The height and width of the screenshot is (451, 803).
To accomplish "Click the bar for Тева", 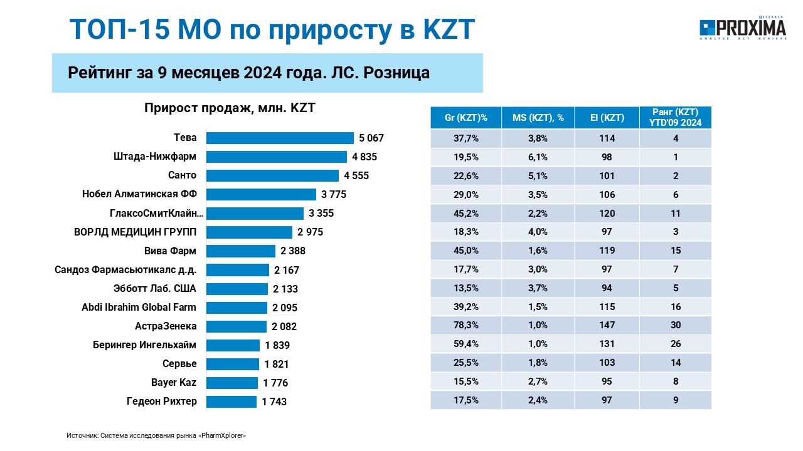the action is (280, 138).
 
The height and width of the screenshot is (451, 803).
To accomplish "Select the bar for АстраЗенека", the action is (237, 326).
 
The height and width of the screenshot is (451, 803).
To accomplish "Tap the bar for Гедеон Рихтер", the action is (231, 402).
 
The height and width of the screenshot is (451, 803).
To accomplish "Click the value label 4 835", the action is (364, 157).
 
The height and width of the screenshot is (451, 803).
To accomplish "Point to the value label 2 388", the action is (293, 251).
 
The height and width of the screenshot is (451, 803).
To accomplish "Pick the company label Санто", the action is (182, 175).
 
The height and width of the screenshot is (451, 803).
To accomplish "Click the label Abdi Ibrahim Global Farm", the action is (139, 307).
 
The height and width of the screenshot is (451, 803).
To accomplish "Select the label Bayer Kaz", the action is (174, 382).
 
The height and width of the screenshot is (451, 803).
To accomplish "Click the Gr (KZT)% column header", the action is (465, 118).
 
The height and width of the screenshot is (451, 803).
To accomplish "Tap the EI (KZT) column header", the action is (607, 118).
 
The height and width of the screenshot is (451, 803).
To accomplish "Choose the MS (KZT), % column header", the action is (538, 118).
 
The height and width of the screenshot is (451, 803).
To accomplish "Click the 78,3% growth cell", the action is (465, 325).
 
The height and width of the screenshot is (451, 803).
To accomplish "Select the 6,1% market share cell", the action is (538, 157).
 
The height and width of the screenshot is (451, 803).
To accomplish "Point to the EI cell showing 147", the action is (607, 325).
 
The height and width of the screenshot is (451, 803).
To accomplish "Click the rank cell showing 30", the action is (676, 325).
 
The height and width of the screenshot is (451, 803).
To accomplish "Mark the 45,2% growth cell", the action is (465, 214).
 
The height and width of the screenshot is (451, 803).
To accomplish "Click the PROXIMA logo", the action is (743, 28).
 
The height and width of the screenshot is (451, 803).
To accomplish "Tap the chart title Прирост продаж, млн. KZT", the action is (230, 108).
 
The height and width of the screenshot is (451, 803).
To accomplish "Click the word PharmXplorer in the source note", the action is (222, 435).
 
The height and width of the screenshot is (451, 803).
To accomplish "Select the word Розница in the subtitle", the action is (396, 73).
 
